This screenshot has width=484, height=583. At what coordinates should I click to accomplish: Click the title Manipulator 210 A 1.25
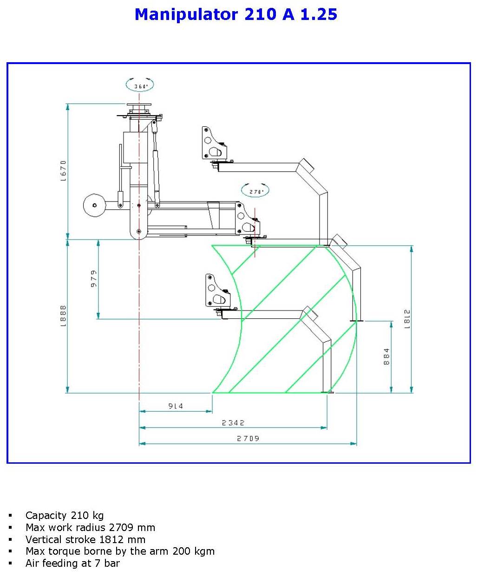pos(235,14)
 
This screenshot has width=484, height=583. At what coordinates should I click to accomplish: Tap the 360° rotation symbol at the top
pos(140,85)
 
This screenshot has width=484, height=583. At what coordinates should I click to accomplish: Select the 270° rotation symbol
pos(255,191)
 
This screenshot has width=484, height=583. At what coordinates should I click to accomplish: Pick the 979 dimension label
pos(94,279)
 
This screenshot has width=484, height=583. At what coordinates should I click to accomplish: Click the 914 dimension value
pos(176,406)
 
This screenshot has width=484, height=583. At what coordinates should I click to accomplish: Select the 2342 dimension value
pos(233,423)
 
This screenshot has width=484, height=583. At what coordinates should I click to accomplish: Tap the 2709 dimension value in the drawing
pos(248,438)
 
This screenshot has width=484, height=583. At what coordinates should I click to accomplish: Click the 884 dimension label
pos(386,356)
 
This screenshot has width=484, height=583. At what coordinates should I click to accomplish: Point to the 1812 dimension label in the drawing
pos(407,319)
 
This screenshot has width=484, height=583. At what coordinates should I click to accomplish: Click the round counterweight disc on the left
pos(94,205)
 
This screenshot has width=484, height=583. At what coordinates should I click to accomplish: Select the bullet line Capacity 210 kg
pos(65,515)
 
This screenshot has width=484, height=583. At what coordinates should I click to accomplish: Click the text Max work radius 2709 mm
pos(90,527)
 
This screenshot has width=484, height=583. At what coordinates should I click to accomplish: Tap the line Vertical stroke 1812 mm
pos(85,539)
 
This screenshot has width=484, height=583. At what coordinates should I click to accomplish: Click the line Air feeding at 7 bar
pos(72,563)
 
